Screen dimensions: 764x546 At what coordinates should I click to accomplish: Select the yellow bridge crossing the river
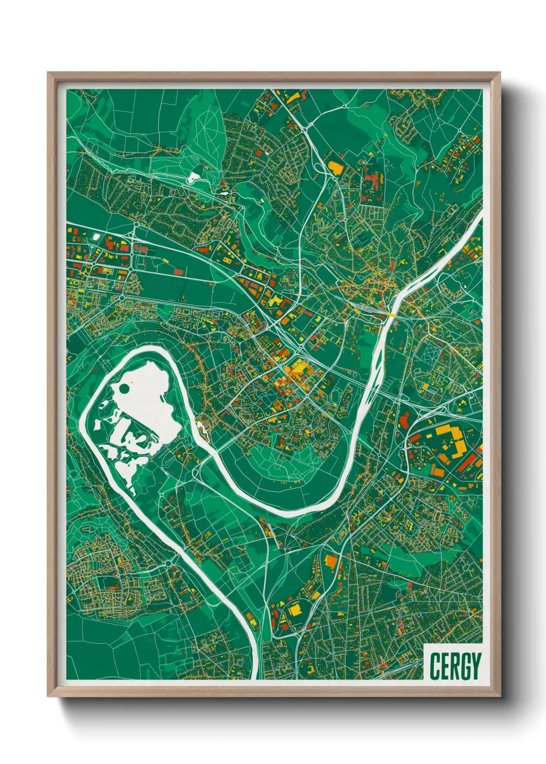coord(391,314)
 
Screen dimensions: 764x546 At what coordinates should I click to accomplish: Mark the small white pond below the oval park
coord(194,176)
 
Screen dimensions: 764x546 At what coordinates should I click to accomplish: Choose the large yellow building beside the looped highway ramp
coord(335,167)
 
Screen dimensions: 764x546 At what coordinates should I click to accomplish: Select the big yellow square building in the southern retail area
coord(294,609)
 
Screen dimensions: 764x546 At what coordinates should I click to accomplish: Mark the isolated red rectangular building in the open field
coord(179,271)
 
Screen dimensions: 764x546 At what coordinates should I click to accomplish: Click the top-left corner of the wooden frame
coord(48,73)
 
